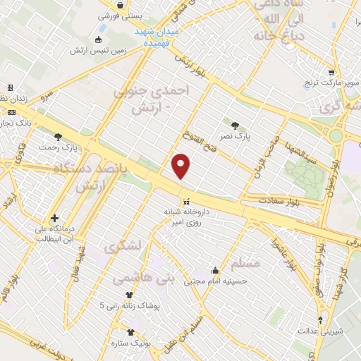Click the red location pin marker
click(181, 166)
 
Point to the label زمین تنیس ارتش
click(98, 51)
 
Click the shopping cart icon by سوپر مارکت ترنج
click(332, 71)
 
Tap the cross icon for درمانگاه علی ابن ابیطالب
click(54, 218)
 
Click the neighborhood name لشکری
click(126, 247)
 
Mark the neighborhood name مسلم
click(245, 263)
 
